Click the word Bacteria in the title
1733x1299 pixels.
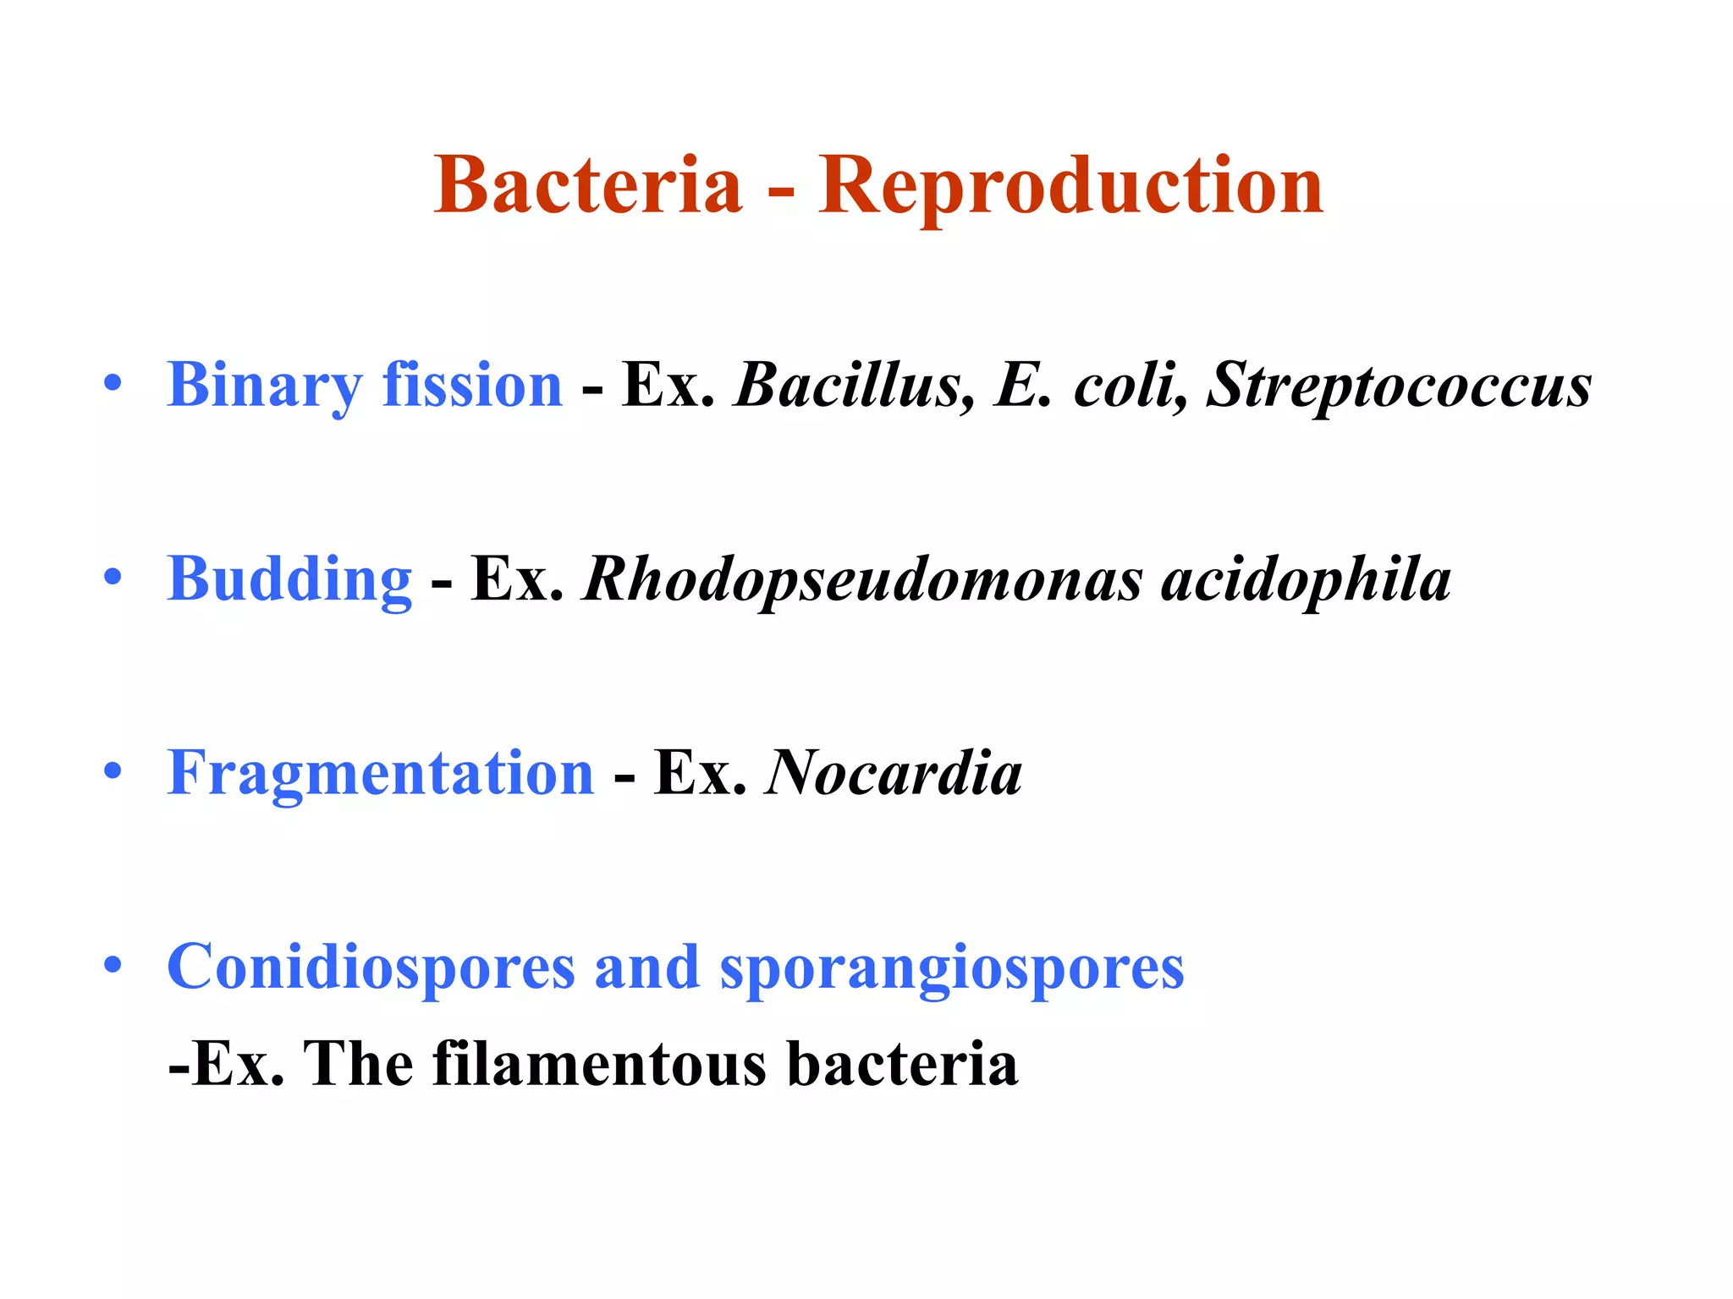click(587, 185)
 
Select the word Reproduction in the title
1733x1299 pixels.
click(1070, 187)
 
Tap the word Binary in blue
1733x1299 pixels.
click(264, 386)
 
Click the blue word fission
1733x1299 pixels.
click(472, 384)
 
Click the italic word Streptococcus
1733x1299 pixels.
click(1399, 386)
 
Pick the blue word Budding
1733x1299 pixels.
click(289, 580)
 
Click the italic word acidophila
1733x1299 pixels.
click(1306, 580)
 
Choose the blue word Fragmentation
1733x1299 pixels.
click(381, 773)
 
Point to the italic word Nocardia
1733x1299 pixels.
click(894, 773)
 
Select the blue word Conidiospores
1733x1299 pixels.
click(371, 967)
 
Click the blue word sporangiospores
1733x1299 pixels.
click(952, 969)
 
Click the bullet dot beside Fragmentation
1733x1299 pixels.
click(113, 771)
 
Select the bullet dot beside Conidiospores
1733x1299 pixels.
click(113, 965)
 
